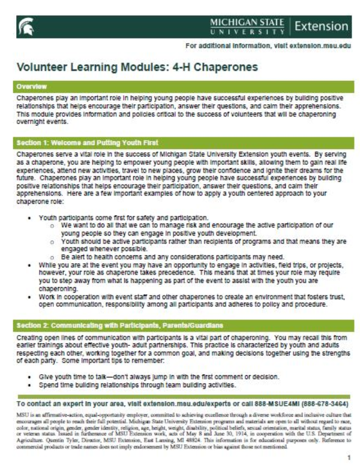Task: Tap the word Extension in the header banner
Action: pyautogui.click(x=322, y=26)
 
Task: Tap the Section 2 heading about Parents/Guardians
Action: pyautogui.click(x=120, y=325)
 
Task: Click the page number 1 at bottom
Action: pyautogui.click(x=347, y=457)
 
